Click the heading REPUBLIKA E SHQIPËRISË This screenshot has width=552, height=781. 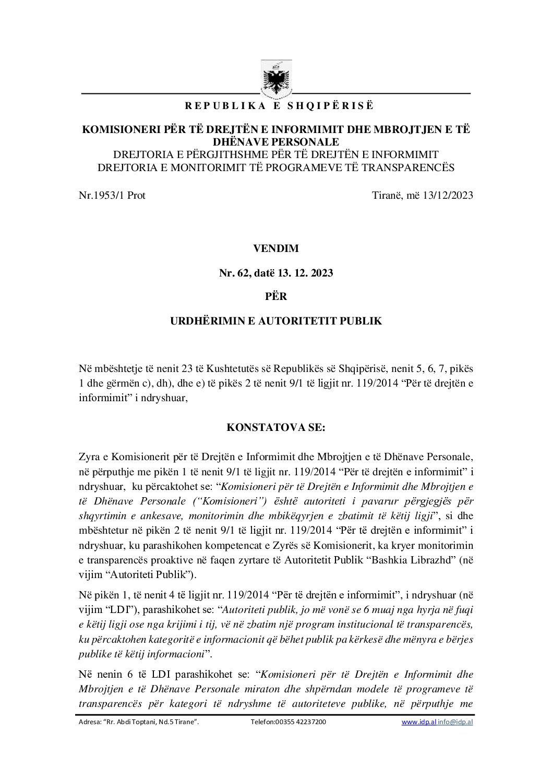[x=279, y=106]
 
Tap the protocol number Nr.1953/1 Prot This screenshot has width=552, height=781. [x=112, y=195]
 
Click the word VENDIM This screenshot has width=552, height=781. [x=276, y=248]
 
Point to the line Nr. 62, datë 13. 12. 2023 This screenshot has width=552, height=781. [x=276, y=272]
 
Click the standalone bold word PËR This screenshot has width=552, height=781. [x=276, y=296]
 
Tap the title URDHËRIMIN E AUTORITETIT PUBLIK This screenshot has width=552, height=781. [x=276, y=320]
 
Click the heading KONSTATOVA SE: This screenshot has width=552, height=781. [x=276, y=427]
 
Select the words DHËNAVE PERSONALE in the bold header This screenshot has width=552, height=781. [x=276, y=142]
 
